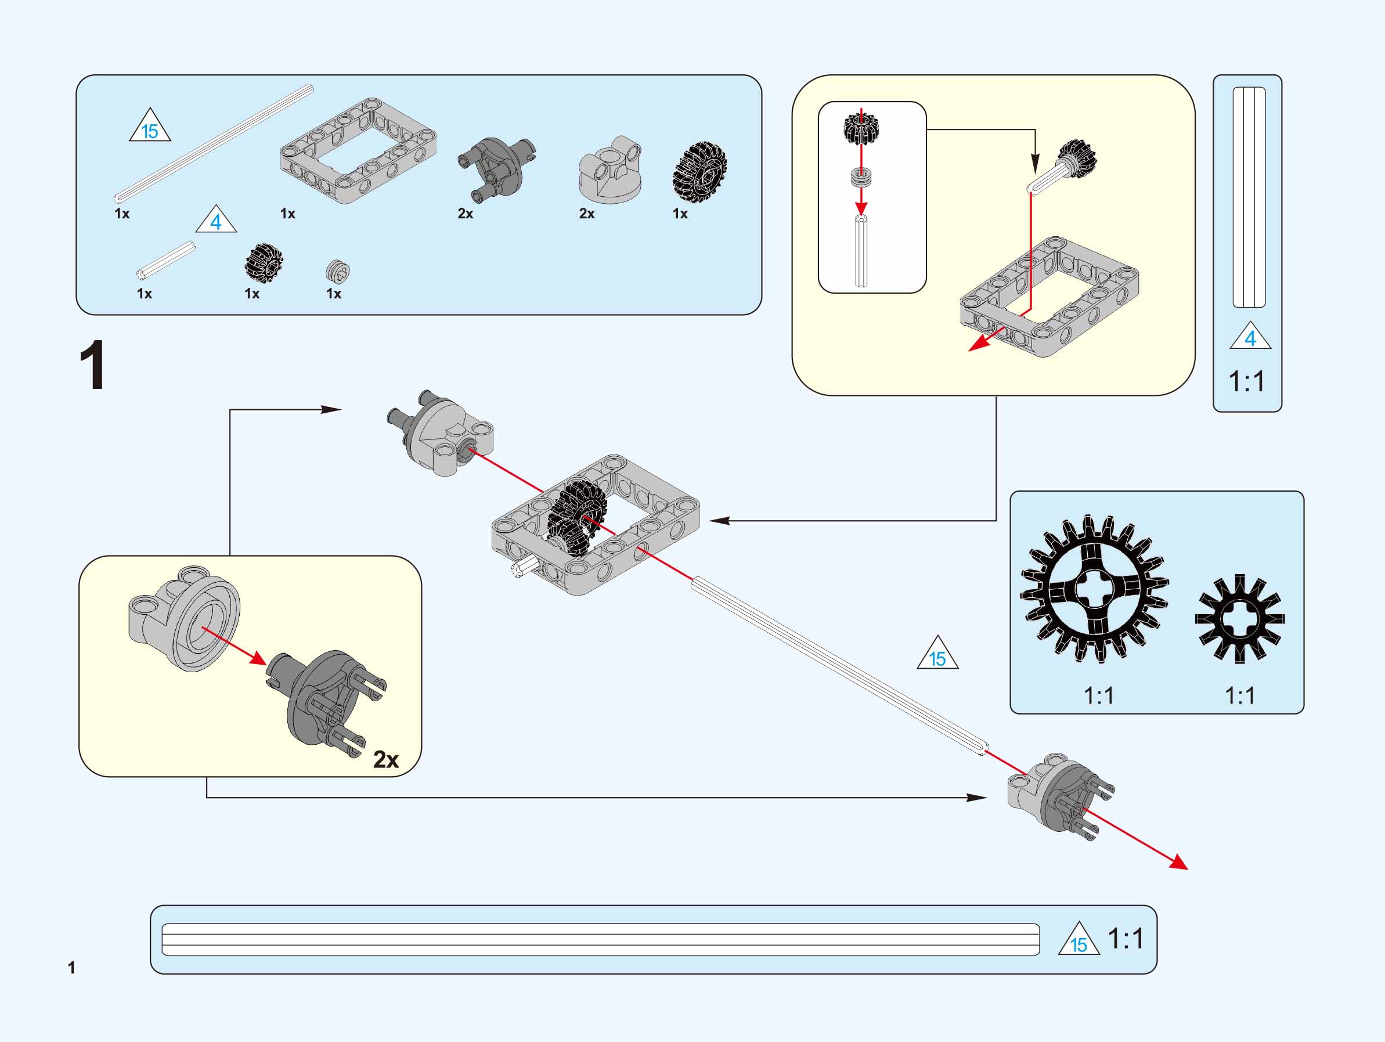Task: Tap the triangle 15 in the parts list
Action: tap(150, 127)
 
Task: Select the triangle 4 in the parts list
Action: tap(216, 221)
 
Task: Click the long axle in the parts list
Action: tap(213, 144)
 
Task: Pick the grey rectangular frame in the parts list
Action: tap(358, 150)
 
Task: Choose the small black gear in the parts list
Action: tap(264, 263)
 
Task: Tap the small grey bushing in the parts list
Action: tap(337, 271)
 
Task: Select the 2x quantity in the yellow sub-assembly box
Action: tap(385, 759)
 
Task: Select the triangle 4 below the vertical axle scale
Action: tap(1250, 337)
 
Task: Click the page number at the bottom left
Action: tap(71, 968)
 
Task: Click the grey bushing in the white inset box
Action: tap(861, 176)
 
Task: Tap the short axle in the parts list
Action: tap(166, 260)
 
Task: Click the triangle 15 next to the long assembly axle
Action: tap(937, 655)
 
